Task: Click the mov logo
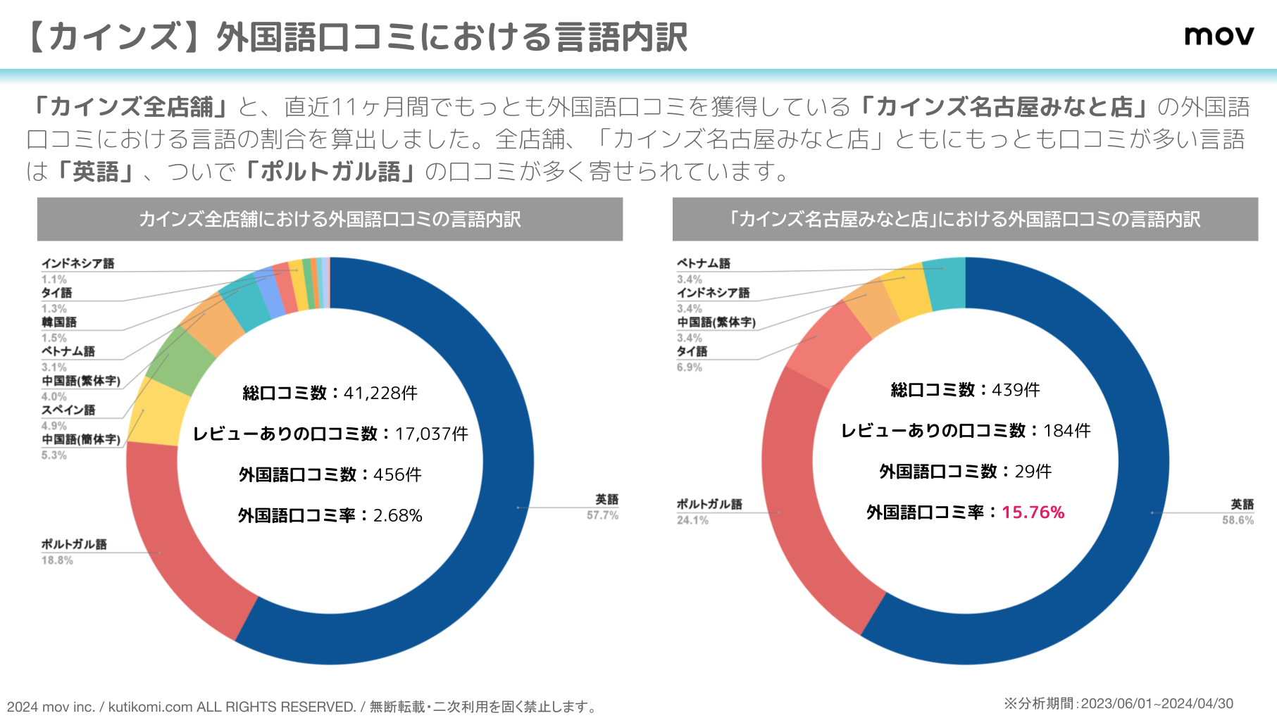click(x=1219, y=36)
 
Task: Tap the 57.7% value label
click(x=602, y=515)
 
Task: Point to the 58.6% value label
click(x=1238, y=520)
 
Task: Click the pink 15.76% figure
click(x=1033, y=512)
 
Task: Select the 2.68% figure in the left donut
click(x=397, y=516)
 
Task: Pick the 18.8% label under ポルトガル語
click(x=57, y=560)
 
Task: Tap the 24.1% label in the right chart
click(x=692, y=520)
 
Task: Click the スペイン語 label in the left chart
click(x=68, y=410)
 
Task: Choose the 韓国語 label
click(x=59, y=322)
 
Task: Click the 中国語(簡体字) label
click(x=81, y=439)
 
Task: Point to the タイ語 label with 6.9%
click(x=692, y=351)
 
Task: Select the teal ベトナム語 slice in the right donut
click(x=945, y=284)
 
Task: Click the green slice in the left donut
click(x=181, y=360)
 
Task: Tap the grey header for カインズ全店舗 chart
click(x=330, y=220)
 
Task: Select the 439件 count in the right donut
click(x=1016, y=390)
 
